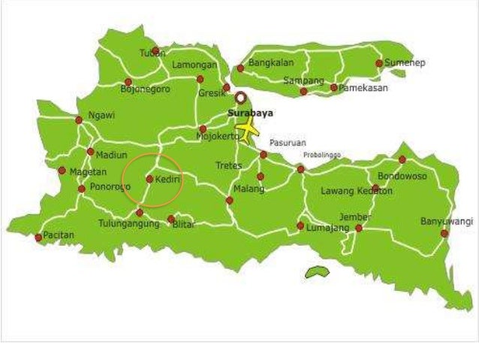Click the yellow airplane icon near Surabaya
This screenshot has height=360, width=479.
[x=247, y=131]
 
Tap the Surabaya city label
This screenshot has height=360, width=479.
[x=250, y=113]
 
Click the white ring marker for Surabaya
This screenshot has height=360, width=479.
[x=240, y=97]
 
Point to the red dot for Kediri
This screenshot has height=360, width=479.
[x=149, y=179]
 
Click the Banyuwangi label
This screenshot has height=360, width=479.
[x=446, y=222]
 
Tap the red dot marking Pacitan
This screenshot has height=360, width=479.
[x=38, y=237]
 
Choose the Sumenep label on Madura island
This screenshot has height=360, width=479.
[x=405, y=63]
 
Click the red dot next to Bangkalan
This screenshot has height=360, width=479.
[x=240, y=68]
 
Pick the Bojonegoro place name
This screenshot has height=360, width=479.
[x=145, y=89]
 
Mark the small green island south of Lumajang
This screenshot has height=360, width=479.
[x=318, y=272]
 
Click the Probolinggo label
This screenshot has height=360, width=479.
[x=321, y=155]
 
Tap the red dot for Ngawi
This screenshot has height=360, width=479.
[x=78, y=119]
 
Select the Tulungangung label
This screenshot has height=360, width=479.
[x=129, y=224]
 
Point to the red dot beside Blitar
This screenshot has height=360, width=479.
[x=171, y=219]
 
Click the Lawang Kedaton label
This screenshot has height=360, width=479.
[x=357, y=192]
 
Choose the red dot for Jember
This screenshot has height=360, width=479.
[x=359, y=228]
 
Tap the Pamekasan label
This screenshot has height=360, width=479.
[x=363, y=88]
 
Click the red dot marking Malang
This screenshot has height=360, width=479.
[x=230, y=200]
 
